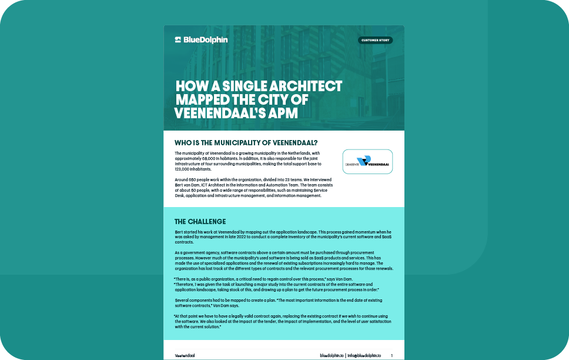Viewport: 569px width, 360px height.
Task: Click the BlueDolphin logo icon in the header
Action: pos(178,40)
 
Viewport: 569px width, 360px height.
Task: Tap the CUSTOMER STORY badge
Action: pos(375,41)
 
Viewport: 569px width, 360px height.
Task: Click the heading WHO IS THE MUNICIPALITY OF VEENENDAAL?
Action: pos(246,143)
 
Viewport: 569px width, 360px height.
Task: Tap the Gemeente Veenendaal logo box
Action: pos(367,161)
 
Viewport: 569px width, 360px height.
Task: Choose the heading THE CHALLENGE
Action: pos(200,222)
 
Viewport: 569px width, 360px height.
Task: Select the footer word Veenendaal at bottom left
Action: pos(185,356)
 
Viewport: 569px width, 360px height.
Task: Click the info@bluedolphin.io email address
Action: pos(364,356)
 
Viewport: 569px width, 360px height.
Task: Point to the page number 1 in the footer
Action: pos(391,356)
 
